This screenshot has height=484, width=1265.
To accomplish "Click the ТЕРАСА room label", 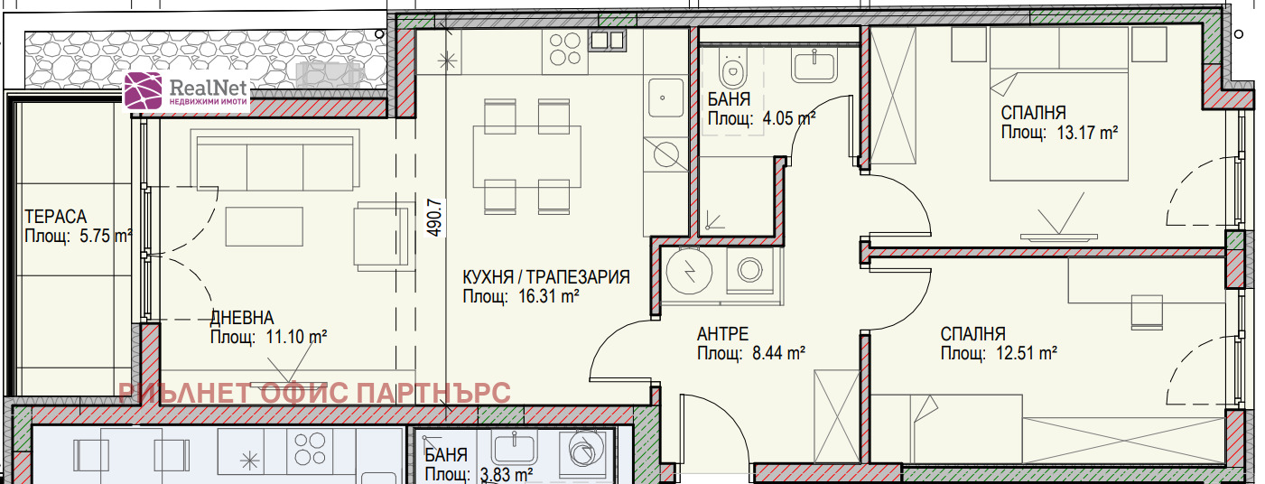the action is tap(55, 217).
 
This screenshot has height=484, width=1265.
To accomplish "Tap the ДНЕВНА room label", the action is tap(242, 318).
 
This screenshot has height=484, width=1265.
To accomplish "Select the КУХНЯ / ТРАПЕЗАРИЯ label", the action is tap(546, 276).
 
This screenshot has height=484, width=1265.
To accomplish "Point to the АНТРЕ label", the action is tap(723, 334).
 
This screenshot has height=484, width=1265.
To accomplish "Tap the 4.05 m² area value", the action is tap(789, 118).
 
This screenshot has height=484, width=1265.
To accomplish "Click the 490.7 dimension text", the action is tap(434, 217).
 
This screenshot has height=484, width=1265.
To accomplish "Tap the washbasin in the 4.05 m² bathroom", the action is tap(814, 66).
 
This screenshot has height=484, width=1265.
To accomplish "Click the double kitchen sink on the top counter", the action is tap(608, 40).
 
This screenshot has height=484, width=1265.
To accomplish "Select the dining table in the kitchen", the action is tap(526, 156).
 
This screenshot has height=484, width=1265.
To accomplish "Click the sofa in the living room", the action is tap(275, 160).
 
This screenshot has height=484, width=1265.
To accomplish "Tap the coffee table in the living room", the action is tap(265, 227).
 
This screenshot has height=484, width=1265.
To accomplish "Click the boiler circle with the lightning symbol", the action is tap(689, 271).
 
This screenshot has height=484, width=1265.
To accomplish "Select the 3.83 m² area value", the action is tap(507, 474).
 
